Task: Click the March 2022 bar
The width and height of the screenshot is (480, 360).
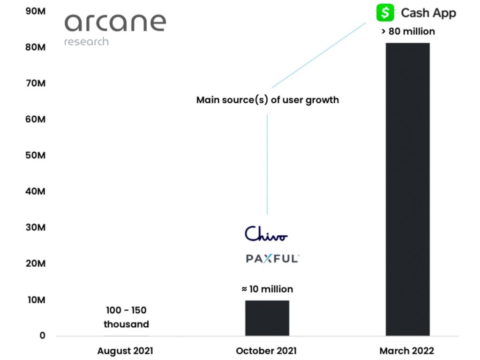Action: click(x=407, y=189)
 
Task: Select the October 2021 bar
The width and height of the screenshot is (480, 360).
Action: click(x=267, y=318)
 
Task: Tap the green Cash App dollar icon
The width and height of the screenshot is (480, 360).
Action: click(x=385, y=13)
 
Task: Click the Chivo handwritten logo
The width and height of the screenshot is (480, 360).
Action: click(x=266, y=233)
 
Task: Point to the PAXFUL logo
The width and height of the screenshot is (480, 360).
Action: click(x=272, y=258)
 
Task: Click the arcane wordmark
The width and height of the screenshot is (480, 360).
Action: click(x=115, y=22)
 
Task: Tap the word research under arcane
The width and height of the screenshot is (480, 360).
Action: click(x=86, y=42)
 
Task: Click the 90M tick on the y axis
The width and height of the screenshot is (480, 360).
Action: click(x=36, y=11)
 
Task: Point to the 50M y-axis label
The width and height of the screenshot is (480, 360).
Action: click(x=36, y=155)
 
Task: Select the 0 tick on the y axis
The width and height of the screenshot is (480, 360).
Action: click(x=42, y=336)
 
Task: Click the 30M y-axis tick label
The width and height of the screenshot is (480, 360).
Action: click(x=36, y=227)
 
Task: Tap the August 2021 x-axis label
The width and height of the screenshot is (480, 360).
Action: click(x=125, y=351)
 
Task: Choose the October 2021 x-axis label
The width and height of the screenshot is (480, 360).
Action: click(x=266, y=351)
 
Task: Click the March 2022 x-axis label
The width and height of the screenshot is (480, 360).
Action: click(x=407, y=351)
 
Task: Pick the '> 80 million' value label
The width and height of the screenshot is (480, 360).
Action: click(x=408, y=31)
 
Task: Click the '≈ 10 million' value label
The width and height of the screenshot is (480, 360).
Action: click(x=267, y=289)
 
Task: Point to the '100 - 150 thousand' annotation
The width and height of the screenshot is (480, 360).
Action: click(x=126, y=317)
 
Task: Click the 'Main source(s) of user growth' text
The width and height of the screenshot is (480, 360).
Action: click(x=268, y=100)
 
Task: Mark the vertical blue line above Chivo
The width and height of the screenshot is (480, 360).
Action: click(x=267, y=165)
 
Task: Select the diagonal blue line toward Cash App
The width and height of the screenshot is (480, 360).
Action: click(x=319, y=55)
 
